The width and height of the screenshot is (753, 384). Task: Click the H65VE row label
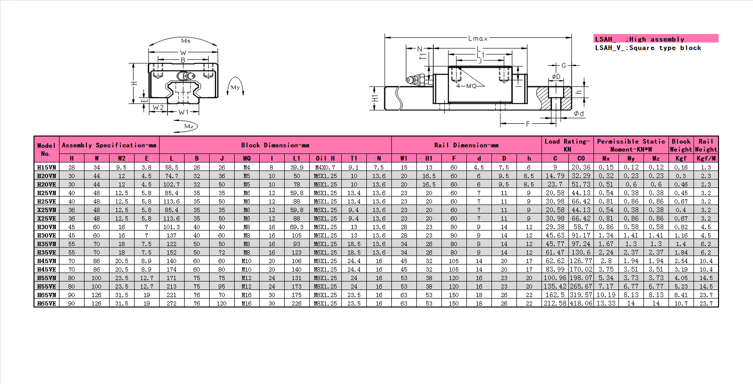pos(46,303)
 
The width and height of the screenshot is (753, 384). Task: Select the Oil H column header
pos(325,158)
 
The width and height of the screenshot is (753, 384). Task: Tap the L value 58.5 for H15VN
pos(171,168)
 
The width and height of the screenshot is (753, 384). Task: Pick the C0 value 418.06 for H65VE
pos(581,303)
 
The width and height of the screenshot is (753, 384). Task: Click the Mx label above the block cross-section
pos(186,41)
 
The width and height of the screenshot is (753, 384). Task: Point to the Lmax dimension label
pos(478,38)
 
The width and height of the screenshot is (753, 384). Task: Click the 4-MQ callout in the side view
pos(466,86)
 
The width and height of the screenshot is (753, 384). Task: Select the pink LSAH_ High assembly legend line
pos(656,39)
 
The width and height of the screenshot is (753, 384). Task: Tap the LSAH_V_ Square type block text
pos(648,48)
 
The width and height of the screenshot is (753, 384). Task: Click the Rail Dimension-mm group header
pos(466,145)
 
